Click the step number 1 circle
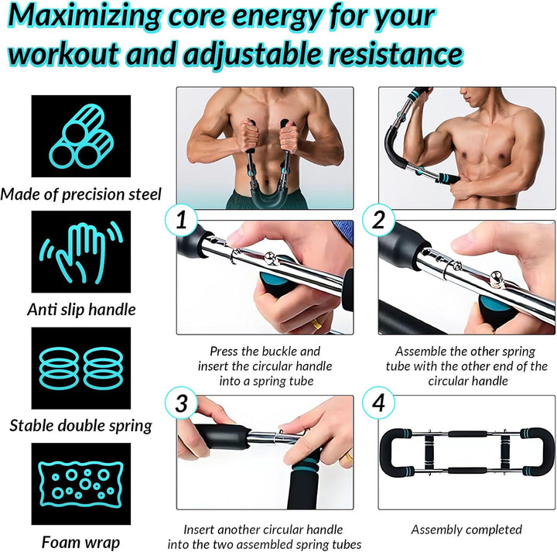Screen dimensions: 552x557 point(182,221)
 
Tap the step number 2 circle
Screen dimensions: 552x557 point(379,221)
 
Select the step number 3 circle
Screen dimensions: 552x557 point(182,403)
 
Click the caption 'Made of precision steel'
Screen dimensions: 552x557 point(81,194)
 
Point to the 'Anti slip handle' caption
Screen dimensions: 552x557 point(81,310)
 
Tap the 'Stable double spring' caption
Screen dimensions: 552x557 point(81,425)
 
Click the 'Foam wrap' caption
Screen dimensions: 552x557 point(80,542)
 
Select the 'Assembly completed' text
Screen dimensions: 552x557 point(466,530)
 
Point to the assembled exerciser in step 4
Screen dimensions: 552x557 point(466,452)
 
